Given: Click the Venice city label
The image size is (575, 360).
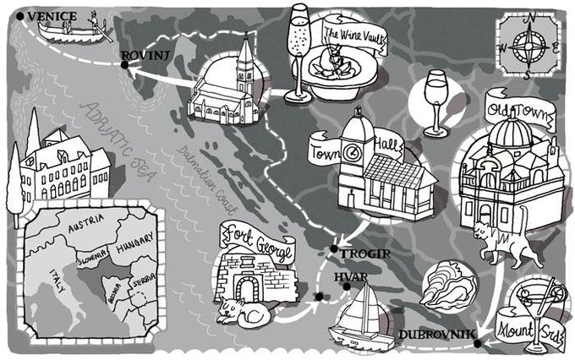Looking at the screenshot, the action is pos(53,16).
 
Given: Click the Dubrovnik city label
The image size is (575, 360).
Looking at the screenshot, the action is pos(432,334).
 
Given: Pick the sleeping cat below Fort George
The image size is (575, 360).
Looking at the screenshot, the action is pos(246,315).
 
